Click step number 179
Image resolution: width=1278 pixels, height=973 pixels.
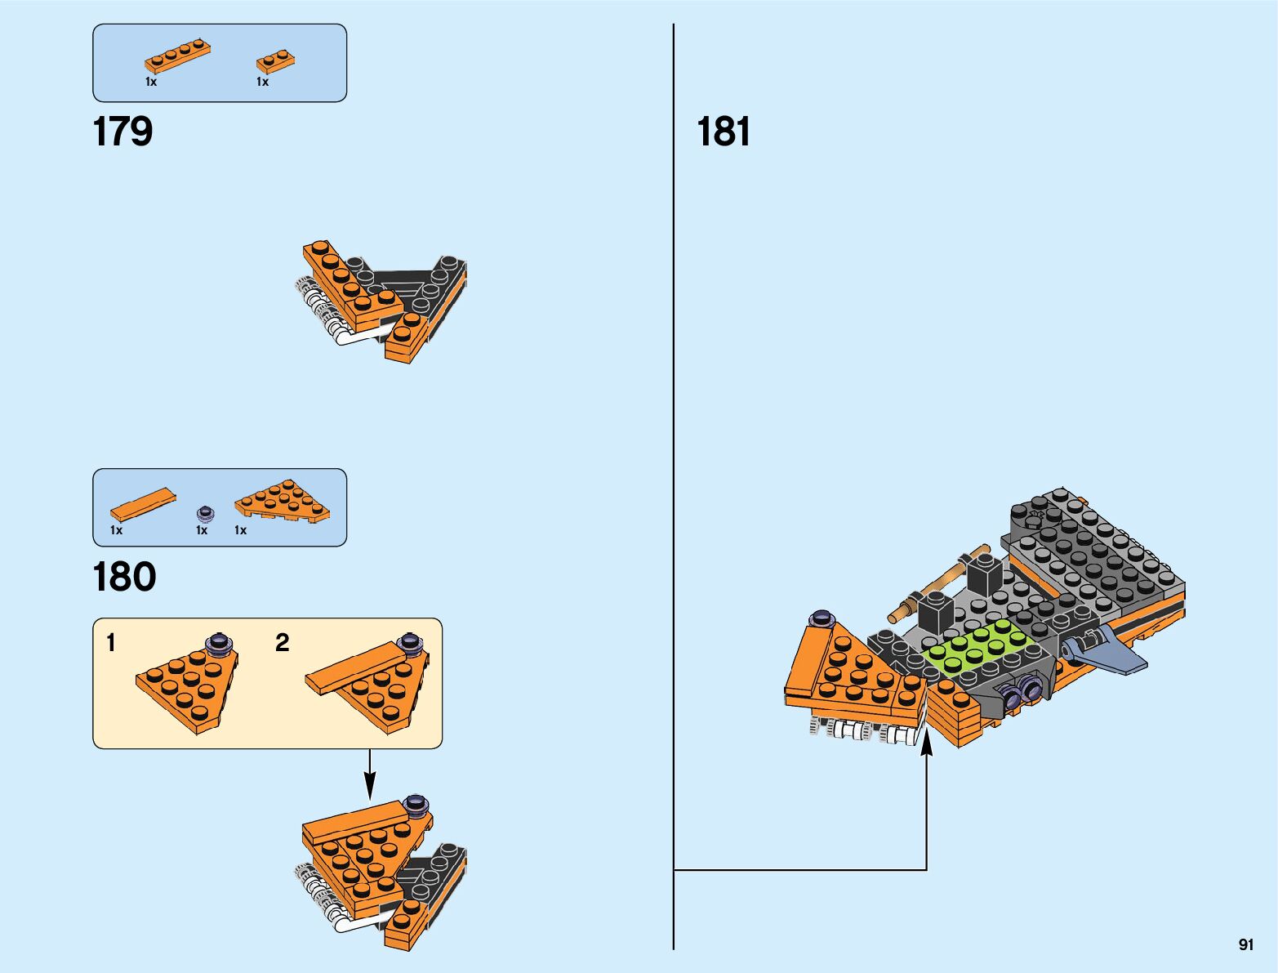tap(122, 132)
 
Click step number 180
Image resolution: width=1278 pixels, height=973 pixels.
tap(124, 577)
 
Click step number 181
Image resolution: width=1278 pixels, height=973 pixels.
tap(724, 132)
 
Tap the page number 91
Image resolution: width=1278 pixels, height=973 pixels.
tap(1245, 944)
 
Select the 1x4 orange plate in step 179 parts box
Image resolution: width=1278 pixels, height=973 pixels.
tap(177, 56)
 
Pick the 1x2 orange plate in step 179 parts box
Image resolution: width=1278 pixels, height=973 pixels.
tap(275, 61)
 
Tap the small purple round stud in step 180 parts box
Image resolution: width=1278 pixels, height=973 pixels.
tap(205, 514)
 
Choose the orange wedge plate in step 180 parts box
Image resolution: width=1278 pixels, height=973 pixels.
tap(282, 500)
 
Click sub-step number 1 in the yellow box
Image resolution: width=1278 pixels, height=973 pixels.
tap(111, 643)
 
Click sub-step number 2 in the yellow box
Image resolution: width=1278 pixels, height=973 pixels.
tap(283, 643)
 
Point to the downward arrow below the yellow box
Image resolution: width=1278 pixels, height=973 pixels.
tap(369, 776)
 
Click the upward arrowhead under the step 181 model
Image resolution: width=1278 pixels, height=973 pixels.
tap(927, 742)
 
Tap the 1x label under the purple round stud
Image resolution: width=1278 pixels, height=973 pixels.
tap(202, 530)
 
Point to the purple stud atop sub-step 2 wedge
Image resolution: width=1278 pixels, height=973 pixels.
tap(409, 643)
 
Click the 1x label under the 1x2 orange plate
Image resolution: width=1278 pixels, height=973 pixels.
tap(262, 82)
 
